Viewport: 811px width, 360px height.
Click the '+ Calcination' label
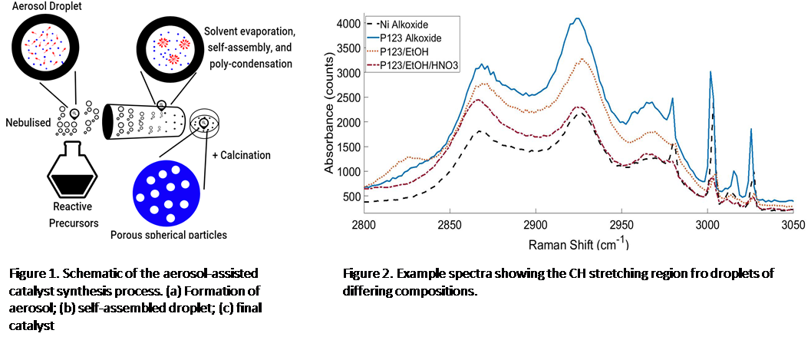pyautogui.click(x=242, y=155)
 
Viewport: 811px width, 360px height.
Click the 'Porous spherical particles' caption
pyautogui.click(x=170, y=235)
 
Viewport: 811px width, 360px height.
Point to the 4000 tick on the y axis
pyautogui.click(x=345, y=24)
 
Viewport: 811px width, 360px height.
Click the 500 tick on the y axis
pyautogui.click(x=348, y=197)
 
